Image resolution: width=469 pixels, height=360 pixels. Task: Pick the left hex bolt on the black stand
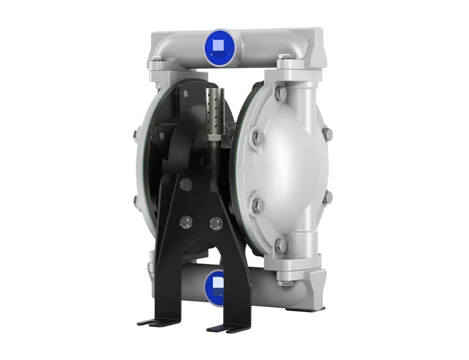coord(186,221)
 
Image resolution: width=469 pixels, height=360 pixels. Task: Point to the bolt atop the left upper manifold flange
coord(155,66)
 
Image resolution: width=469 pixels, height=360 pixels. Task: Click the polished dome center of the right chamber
coord(291,167)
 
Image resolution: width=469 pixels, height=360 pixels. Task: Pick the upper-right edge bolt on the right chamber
coord(327,132)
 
